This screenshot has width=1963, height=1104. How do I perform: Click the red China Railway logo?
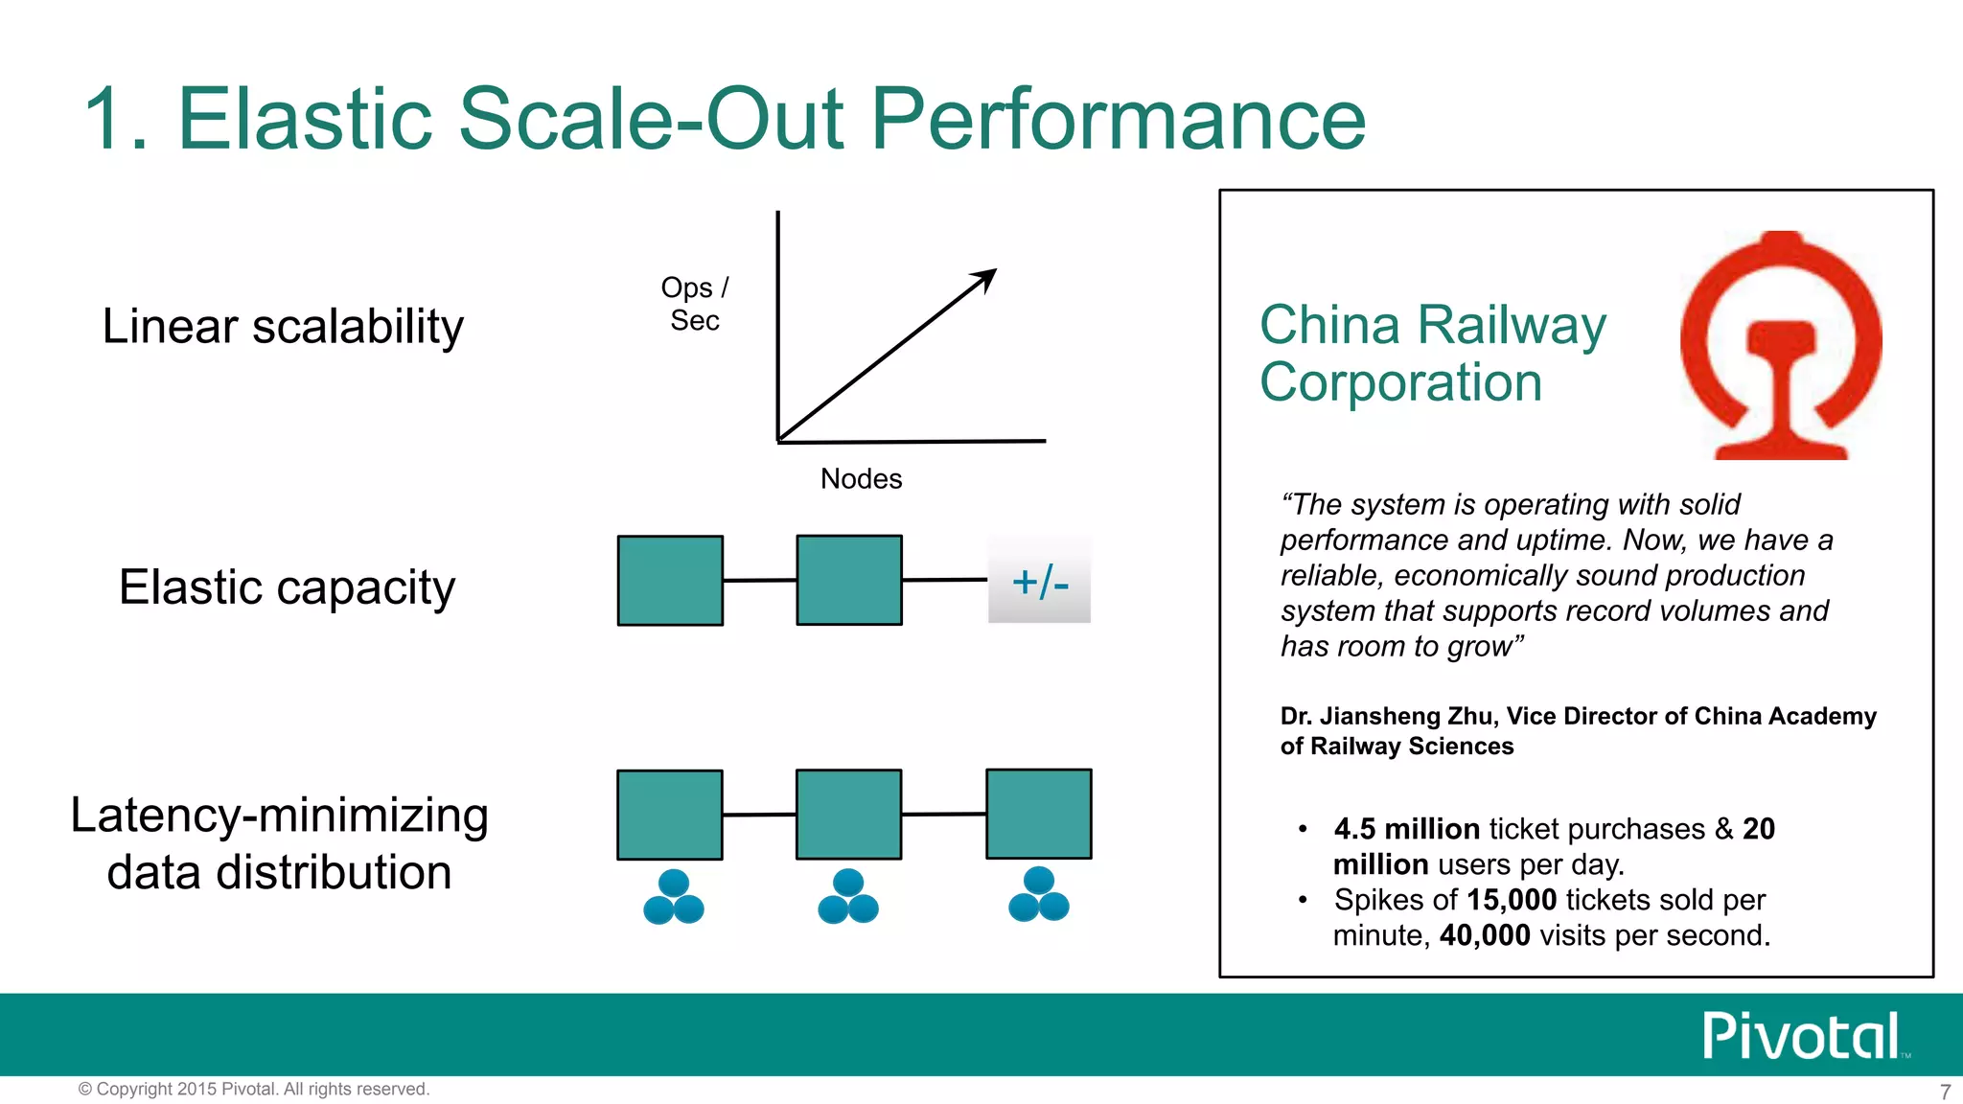1781,345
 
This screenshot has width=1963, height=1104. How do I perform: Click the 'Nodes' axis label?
861,478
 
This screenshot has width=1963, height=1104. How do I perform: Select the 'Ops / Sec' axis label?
695,304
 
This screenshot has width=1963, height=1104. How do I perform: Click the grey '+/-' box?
1040,581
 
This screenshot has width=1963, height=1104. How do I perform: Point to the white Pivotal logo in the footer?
1802,1036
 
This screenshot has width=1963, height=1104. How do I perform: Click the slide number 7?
1945,1092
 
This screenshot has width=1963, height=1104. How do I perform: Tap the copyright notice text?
254,1089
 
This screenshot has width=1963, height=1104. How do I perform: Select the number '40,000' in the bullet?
1485,935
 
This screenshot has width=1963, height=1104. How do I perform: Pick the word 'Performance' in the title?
1117,119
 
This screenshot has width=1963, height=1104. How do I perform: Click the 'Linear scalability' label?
283,327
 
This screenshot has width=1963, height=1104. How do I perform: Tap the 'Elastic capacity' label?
287,587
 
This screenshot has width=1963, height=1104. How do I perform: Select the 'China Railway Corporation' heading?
1432,353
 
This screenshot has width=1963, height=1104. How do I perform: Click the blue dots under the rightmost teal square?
1039,895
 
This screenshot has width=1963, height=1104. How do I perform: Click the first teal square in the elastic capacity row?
670,581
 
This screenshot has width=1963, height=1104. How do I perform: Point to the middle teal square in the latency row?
848,815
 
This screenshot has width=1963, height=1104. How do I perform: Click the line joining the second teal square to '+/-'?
944,580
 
